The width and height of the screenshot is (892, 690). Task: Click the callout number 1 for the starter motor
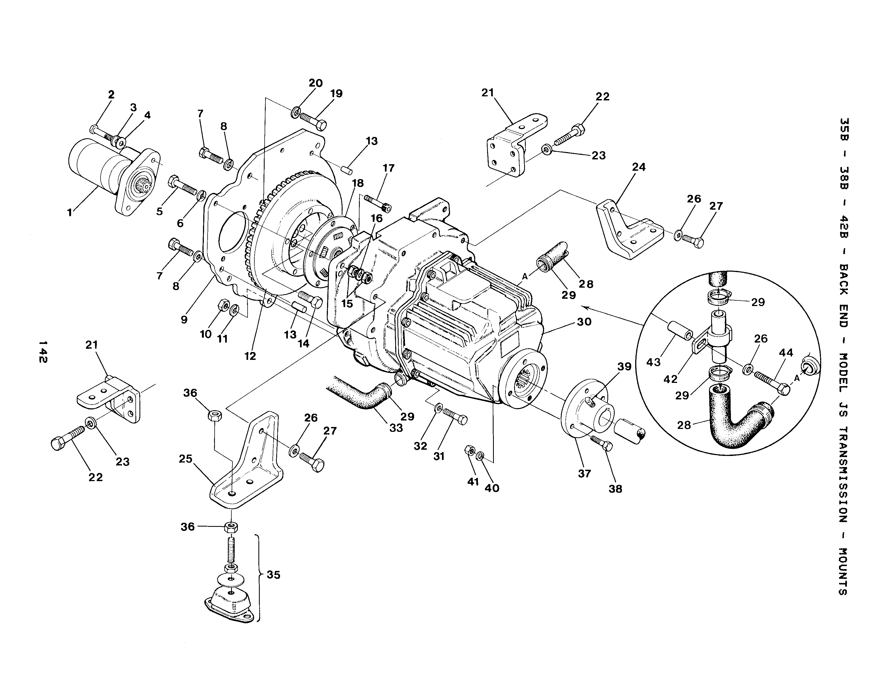[x=70, y=213]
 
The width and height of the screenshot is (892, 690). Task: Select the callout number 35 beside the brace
[x=273, y=575]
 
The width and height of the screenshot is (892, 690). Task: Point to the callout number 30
[x=584, y=322]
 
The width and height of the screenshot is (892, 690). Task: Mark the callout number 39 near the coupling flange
[x=624, y=367]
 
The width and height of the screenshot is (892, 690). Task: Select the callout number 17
[x=388, y=168]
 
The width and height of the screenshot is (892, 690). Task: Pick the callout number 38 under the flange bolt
[x=615, y=489]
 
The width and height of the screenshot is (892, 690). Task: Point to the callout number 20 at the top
[x=315, y=83]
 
